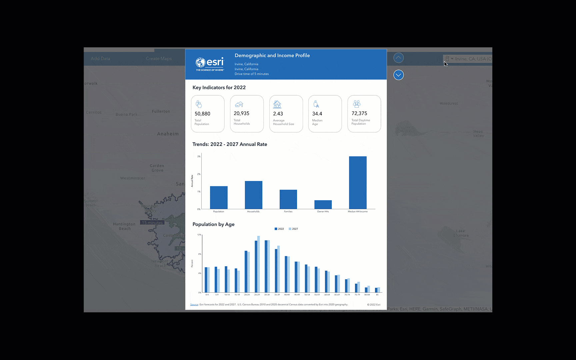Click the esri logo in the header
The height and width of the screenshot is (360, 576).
210,64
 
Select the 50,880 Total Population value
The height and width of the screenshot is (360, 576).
202,114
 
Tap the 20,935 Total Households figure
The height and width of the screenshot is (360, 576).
241,113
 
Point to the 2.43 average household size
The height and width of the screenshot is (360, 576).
278,114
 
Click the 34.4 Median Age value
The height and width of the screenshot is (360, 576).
317,114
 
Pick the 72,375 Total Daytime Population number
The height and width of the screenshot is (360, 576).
359,113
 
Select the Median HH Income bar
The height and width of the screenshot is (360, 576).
358,183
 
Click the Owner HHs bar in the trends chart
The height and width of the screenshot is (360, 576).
323,205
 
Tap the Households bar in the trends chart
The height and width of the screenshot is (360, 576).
253,195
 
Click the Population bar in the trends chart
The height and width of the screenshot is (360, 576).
219,197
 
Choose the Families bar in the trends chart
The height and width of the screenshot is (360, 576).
288,199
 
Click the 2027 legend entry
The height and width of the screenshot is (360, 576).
293,229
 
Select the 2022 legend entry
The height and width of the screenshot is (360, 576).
279,229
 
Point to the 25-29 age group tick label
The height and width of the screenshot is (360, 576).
257,295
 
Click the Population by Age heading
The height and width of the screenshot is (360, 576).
213,224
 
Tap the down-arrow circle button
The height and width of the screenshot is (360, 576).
398,75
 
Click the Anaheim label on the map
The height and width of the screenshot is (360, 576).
168,134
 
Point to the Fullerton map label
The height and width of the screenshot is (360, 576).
161,111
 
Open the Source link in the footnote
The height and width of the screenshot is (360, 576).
194,305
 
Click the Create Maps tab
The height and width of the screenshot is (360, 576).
159,59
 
